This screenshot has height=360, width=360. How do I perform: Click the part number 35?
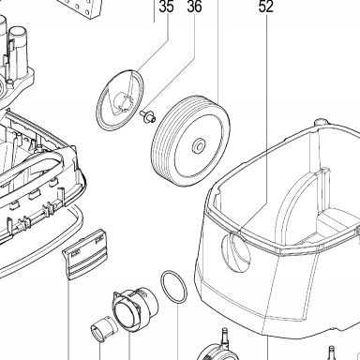click(x=166, y=7)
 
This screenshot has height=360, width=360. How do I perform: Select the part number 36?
click(x=194, y=7)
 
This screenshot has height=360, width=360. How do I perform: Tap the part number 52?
click(x=266, y=7)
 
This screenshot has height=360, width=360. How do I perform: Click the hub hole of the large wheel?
click(x=199, y=145)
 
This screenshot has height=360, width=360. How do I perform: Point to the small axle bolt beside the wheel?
click(x=147, y=116)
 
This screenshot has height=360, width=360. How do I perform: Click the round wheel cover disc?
click(x=120, y=100)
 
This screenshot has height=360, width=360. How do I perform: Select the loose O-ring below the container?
click(x=173, y=287)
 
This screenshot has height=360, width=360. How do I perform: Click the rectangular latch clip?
click(x=85, y=254)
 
